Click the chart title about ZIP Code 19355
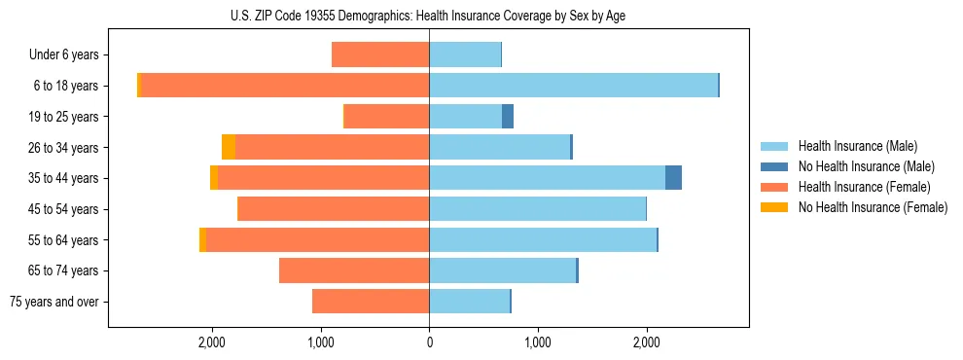[x=429, y=15]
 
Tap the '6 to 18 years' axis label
[x=66, y=86]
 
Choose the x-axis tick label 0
[x=429, y=342]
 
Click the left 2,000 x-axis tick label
[x=212, y=342]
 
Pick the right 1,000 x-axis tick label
[x=537, y=342]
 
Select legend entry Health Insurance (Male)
[x=857, y=146]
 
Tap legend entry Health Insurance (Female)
[x=864, y=187]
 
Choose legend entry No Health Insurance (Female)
[x=873, y=207]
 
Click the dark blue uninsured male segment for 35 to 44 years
[x=673, y=178]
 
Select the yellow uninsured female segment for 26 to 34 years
[x=229, y=147]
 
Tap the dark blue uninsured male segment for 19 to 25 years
[x=508, y=117]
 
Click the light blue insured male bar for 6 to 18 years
[x=573, y=86]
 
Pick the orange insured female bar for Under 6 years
[x=380, y=55]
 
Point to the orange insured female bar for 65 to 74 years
[x=354, y=270]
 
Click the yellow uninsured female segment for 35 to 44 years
[x=214, y=178]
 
